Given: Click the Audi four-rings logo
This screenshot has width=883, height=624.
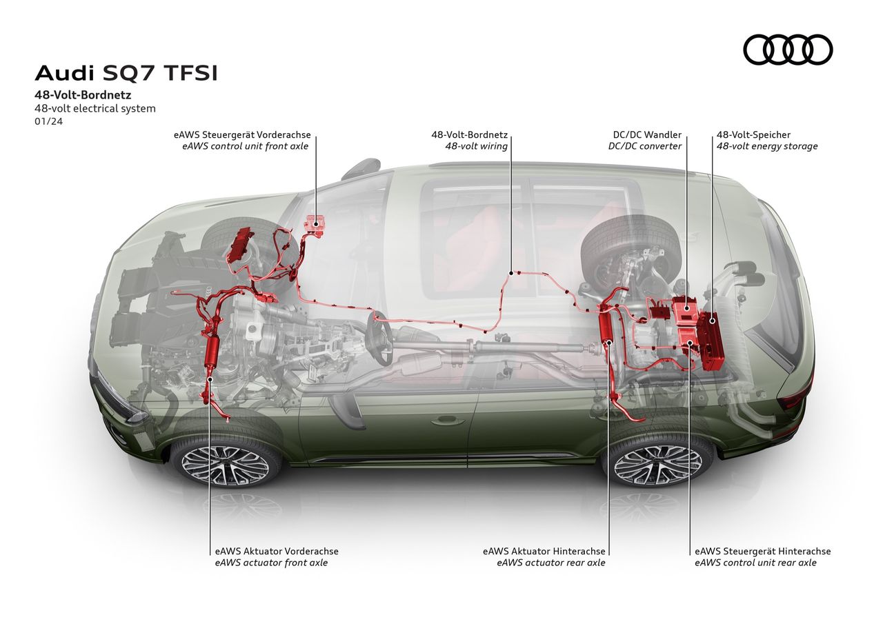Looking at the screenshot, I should tap(788, 50).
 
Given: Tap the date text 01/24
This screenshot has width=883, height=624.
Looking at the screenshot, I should tap(47, 122).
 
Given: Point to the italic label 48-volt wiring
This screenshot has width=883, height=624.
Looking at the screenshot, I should tap(476, 146).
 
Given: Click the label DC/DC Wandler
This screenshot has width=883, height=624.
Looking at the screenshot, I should tap(647, 135).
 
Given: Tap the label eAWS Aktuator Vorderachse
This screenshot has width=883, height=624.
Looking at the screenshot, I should tap(277, 551).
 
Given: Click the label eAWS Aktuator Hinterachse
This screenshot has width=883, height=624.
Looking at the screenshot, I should tap(544, 551).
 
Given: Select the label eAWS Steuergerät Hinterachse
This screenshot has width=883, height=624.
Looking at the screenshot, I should tap(762, 551).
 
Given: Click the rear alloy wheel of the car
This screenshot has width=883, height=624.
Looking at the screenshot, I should tap(657, 461).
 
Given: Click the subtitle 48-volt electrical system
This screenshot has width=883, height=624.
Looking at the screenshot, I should tap(95, 108).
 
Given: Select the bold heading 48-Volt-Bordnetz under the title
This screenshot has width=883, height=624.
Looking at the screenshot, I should tap(83, 94).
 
